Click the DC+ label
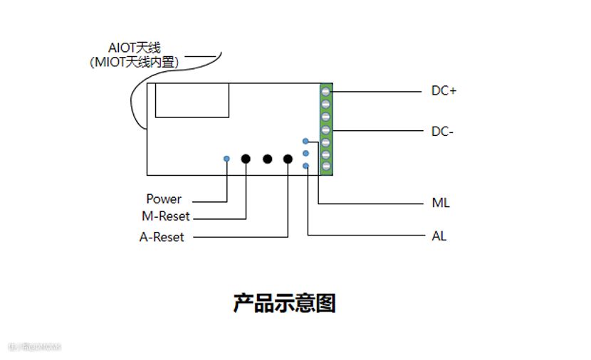coord(444,91)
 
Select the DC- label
coord(442,131)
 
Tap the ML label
coord(441,203)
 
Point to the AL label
coord(439,236)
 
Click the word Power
coord(164,199)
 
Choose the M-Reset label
coord(166,216)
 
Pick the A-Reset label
coord(162,237)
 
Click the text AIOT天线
coord(135,48)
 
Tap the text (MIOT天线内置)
coord(135,63)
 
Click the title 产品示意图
coord(284,303)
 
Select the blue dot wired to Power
coord(226,158)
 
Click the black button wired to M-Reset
coord(246,159)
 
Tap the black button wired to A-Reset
coord(288,159)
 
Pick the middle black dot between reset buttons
coord(268,159)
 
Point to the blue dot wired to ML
coord(305,141)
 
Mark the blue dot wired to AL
coord(305,166)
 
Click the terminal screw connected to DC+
coord(326,91)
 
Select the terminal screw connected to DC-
coord(326,130)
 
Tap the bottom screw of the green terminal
coord(326,166)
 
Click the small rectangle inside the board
coord(192,100)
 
